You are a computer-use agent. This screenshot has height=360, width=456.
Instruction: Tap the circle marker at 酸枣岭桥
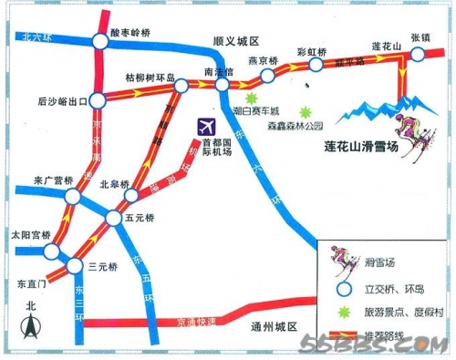[99, 41]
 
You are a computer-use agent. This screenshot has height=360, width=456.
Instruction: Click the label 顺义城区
[235, 41]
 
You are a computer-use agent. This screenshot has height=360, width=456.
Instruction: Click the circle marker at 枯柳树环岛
[181, 86]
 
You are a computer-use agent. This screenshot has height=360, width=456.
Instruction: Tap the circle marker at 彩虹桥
[316, 66]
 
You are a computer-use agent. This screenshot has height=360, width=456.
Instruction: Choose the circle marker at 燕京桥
[269, 75]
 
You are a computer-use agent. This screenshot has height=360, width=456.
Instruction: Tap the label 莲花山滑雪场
[361, 145]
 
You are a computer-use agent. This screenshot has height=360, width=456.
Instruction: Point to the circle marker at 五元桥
[113, 217]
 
